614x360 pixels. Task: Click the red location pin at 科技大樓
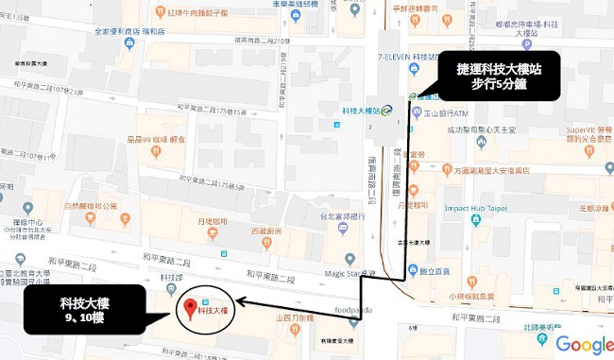(189, 307)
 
